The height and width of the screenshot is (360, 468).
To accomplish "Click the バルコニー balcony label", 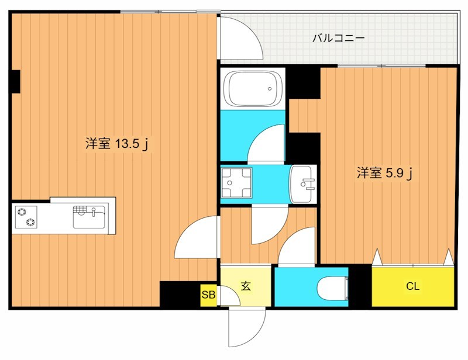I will tap(338, 39).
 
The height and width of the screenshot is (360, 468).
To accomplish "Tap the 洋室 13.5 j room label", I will tap(119, 144).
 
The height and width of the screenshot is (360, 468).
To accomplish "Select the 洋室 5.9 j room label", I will tap(386, 173).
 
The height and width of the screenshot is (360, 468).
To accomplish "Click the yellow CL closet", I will tap(413, 286).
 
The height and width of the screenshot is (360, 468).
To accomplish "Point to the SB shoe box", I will tap(208, 295).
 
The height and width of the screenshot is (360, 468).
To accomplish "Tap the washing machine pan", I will tap(236, 182).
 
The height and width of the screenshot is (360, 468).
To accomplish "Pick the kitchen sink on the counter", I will tap(89, 216).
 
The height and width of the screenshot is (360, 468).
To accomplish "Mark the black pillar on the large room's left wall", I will tap(15, 81).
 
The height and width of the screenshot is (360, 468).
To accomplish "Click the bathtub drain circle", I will tap(271, 89).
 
